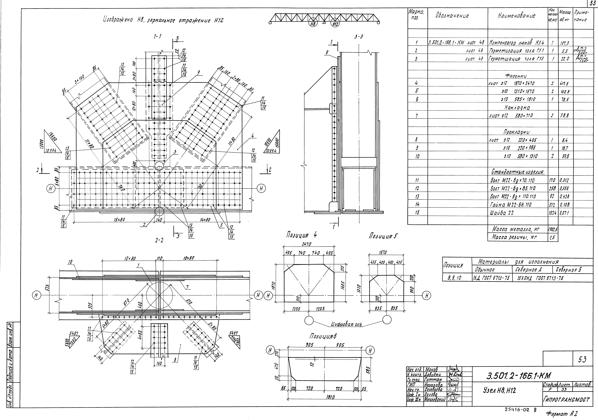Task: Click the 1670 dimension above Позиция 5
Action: click(383, 253)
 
